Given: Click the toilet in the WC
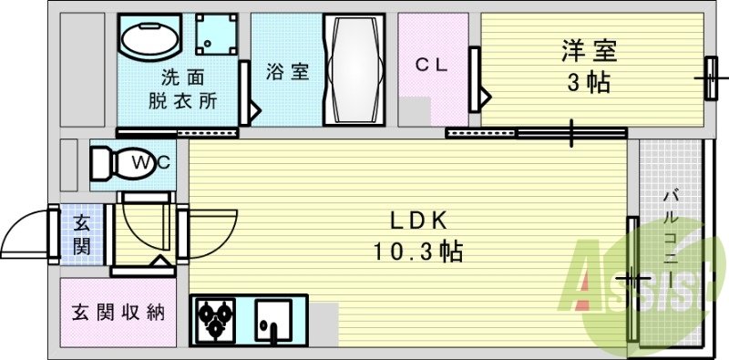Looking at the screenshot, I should click(111, 164).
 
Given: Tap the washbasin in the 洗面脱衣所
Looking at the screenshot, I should click(150, 40).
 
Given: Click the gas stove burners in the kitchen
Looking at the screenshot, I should click(215, 320).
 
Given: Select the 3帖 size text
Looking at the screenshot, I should click(589, 83).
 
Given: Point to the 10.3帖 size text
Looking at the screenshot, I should click(417, 251).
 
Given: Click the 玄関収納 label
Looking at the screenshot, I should click(117, 312).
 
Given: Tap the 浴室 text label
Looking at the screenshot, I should click(287, 72).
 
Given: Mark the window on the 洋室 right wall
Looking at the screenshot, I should click(709, 80).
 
